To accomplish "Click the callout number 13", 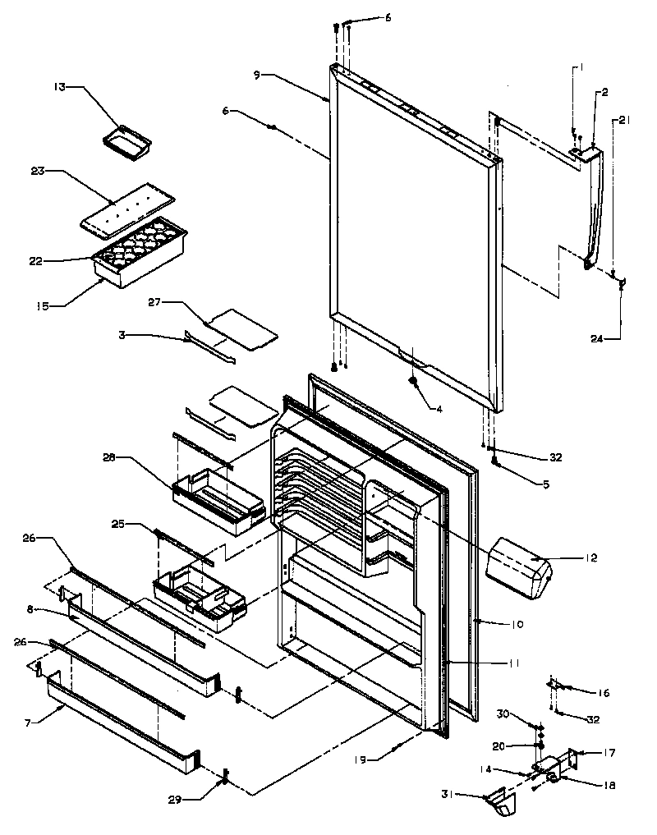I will (x=61, y=87).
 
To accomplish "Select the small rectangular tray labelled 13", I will (x=127, y=140).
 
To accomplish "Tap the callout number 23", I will (x=60, y=172).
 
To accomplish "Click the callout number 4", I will (x=440, y=408).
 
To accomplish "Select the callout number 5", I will (x=523, y=484).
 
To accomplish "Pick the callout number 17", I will (x=609, y=752).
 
